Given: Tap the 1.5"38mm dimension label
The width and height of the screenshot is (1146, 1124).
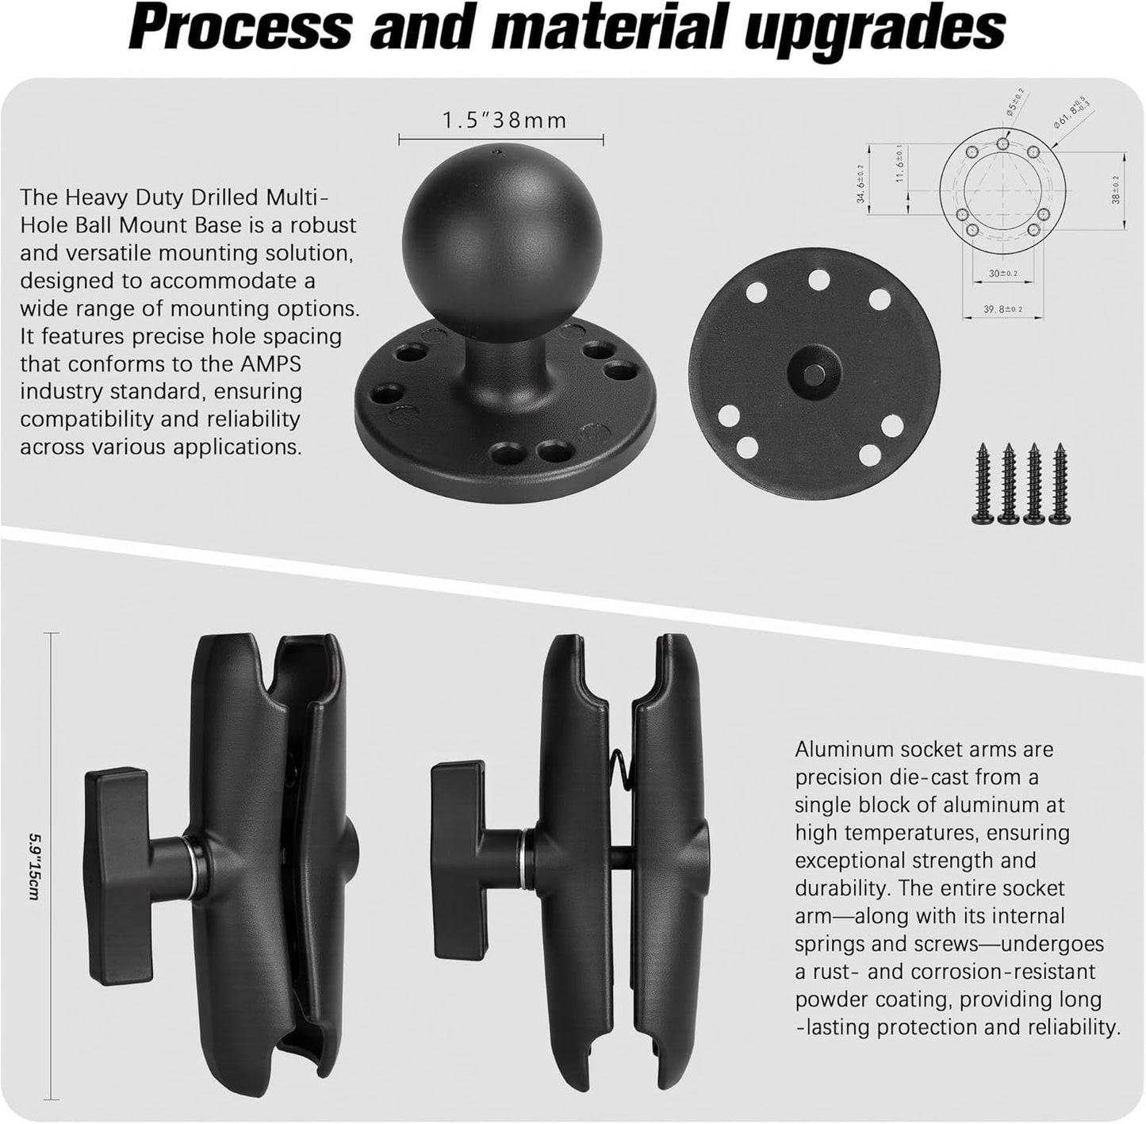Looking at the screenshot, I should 504,121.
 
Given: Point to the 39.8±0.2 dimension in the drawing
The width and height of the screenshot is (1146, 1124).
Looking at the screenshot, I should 1002,309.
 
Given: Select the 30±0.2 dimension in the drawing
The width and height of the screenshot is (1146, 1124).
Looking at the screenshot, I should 1002,274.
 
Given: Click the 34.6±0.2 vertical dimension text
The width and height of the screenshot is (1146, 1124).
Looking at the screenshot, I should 860,184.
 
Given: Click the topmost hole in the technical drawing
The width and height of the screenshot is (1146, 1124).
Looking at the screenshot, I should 1003,144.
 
